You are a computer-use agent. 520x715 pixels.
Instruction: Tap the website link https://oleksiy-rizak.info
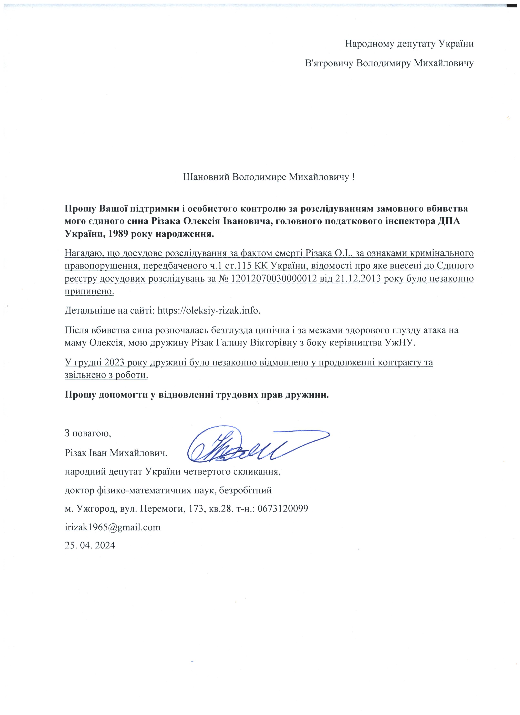click(209, 311)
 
